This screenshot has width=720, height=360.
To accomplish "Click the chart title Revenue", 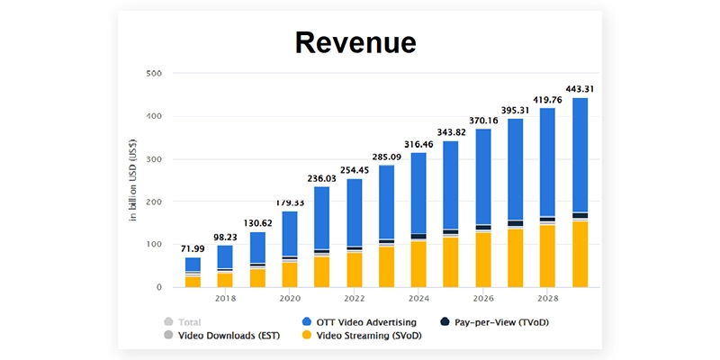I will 359,42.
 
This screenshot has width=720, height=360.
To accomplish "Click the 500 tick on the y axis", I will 153,73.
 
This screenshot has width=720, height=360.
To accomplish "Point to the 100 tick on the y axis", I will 153,245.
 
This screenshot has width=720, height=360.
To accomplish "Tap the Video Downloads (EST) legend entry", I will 227,336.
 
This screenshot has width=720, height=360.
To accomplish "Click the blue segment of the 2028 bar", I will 547,162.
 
